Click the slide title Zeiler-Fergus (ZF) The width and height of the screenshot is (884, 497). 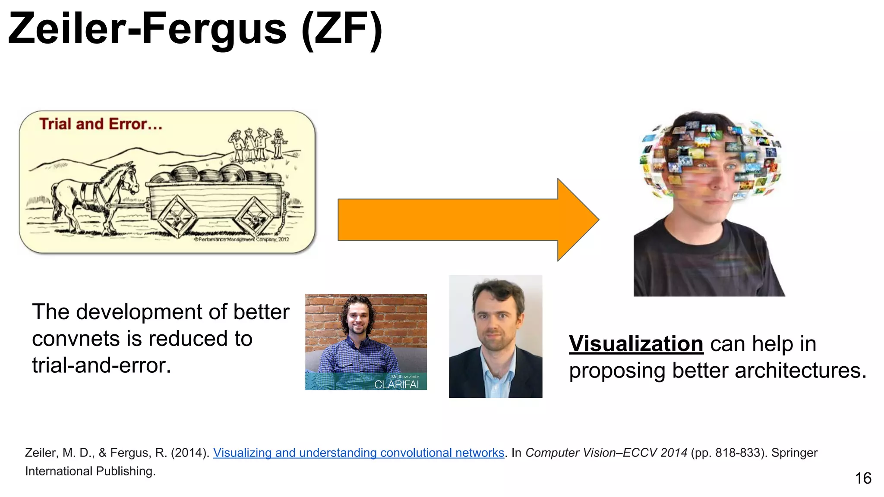(195, 29)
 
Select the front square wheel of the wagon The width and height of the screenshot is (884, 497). (177, 216)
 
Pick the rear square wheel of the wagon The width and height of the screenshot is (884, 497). (256, 216)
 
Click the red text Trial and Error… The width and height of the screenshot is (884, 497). (101, 124)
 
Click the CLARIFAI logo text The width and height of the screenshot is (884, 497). (396, 384)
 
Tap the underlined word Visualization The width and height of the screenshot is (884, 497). (636, 344)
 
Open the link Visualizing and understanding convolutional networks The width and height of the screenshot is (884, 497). (358, 453)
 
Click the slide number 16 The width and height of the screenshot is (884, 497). (863, 478)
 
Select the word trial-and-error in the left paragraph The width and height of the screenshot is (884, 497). (101, 365)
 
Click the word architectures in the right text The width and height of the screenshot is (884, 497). (800, 371)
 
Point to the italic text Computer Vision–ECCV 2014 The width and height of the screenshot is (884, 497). (606, 453)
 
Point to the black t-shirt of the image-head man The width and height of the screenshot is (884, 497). (708, 263)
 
